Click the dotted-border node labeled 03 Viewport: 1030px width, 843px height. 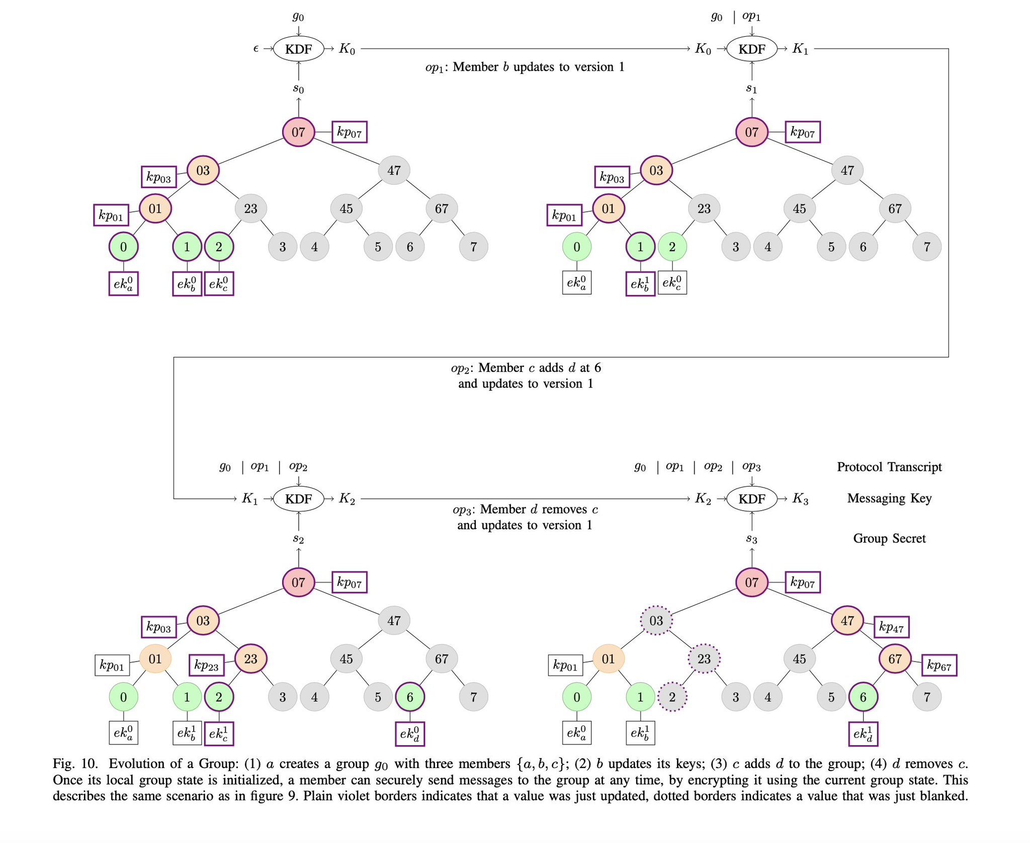click(x=656, y=620)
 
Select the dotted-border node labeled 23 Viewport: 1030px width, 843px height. click(x=704, y=659)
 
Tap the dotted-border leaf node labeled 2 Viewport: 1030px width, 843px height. click(x=672, y=697)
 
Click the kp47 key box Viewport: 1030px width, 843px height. click(x=892, y=627)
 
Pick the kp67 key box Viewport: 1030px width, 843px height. click(x=939, y=666)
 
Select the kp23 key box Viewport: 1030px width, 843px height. click(x=207, y=666)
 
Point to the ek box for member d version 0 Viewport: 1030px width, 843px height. click(x=410, y=733)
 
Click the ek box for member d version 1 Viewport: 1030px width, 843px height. click(x=863, y=733)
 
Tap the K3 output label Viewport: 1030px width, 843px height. click(x=800, y=499)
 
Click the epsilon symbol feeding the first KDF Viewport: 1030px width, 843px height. click(x=256, y=49)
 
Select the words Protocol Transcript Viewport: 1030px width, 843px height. click(x=889, y=467)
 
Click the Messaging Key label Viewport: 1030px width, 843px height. click(x=889, y=498)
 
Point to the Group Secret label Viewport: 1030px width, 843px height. click(x=889, y=538)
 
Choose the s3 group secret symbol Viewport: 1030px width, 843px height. click(x=751, y=539)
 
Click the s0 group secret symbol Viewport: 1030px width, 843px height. click(x=298, y=89)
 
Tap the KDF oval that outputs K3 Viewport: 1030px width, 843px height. click(x=752, y=499)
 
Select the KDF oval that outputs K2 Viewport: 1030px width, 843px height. click(x=299, y=499)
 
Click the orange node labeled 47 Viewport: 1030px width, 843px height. click(x=847, y=620)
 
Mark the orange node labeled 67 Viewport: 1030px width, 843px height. click(x=895, y=659)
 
